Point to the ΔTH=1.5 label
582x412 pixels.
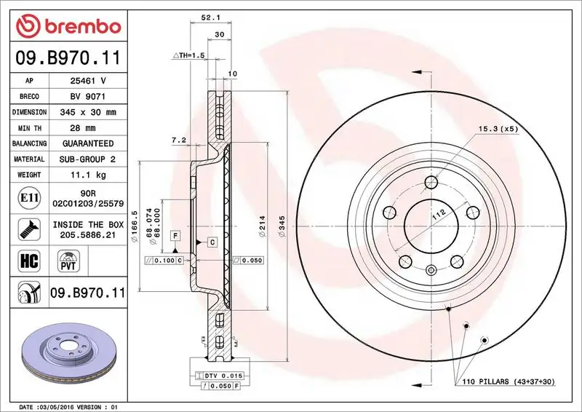189,55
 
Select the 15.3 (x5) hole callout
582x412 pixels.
498,128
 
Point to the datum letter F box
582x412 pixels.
175,235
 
